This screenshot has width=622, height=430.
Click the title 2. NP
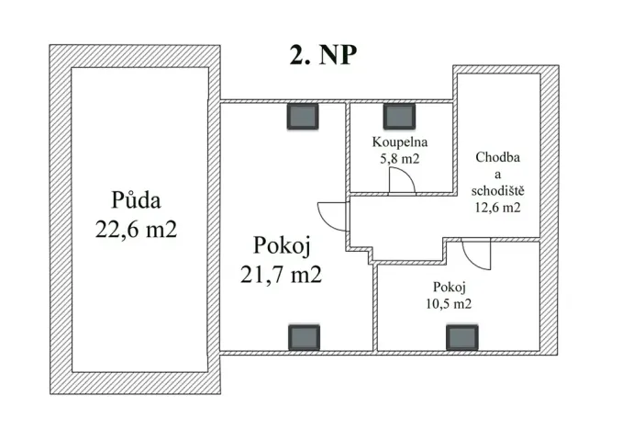tap(322, 55)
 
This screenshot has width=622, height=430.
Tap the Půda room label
tap(135, 199)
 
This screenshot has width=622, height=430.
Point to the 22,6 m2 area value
tap(135, 230)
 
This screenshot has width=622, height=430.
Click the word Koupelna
tap(400, 142)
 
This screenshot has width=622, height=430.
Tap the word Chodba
tap(498, 158)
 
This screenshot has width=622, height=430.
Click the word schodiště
tap(498, 191)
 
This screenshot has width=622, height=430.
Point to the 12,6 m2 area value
tap(498, 208)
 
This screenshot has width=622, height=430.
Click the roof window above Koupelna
tap(400, 116)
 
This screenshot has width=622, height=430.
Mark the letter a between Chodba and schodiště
tap(498, 175)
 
